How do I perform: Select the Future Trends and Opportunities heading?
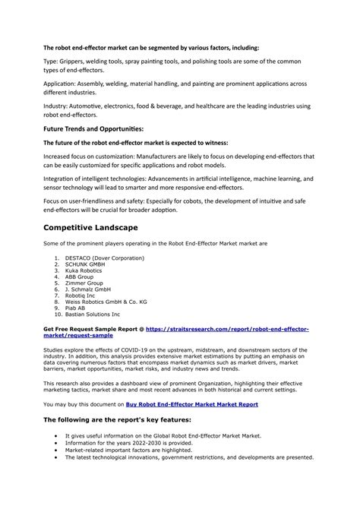tap(93, 128)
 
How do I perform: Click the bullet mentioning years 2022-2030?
tap(128, 443)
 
